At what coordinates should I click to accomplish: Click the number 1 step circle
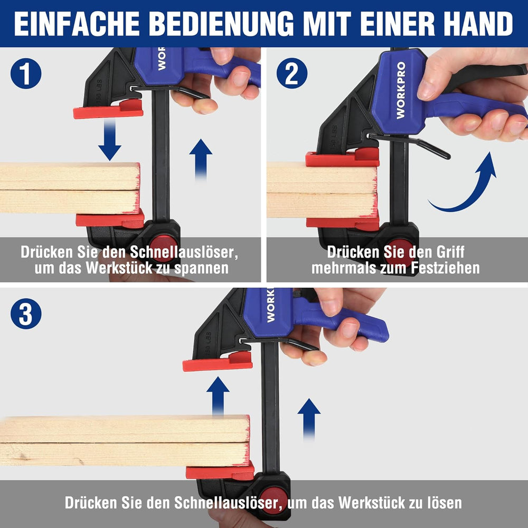26,73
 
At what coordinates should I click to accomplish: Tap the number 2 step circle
291,73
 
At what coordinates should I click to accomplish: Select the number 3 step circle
26,314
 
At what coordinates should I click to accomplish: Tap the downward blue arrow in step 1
110,140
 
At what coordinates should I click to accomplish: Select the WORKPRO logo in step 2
401,90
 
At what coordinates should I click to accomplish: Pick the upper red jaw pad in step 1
108,109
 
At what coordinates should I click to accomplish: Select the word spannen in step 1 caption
201,268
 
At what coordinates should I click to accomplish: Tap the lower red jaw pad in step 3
220,472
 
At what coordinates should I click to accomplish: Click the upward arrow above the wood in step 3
218,396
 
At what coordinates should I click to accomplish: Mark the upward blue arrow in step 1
201,159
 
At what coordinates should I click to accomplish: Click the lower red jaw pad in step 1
110,220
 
